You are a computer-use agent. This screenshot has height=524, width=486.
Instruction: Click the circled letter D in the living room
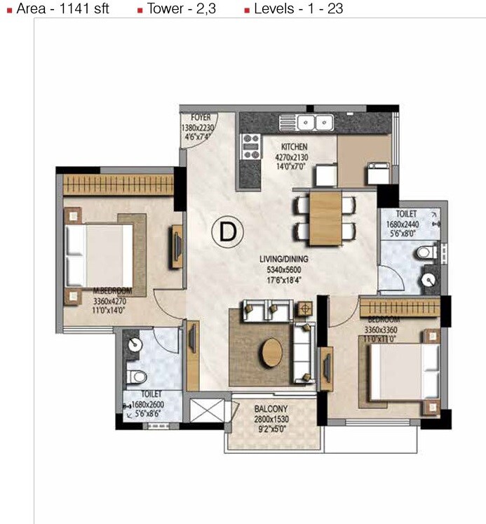coord(227,231)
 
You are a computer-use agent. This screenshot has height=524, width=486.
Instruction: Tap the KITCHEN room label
coord(295,147)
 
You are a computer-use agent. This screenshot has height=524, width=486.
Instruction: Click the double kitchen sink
coord(315,122)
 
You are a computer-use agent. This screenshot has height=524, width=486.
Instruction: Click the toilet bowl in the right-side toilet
coord(422,253)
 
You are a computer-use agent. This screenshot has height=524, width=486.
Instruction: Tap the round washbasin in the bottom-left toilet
coord(135,345)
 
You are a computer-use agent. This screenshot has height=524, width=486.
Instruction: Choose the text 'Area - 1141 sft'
coord(62,10)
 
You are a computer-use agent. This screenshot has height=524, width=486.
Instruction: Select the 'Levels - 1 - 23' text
coord(298,10)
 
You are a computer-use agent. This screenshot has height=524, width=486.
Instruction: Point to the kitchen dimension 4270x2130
coord(295,158)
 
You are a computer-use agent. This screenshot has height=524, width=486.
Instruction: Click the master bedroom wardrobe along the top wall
coord(118,185)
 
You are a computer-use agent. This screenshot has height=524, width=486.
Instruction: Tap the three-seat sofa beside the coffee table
coord(303,350)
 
